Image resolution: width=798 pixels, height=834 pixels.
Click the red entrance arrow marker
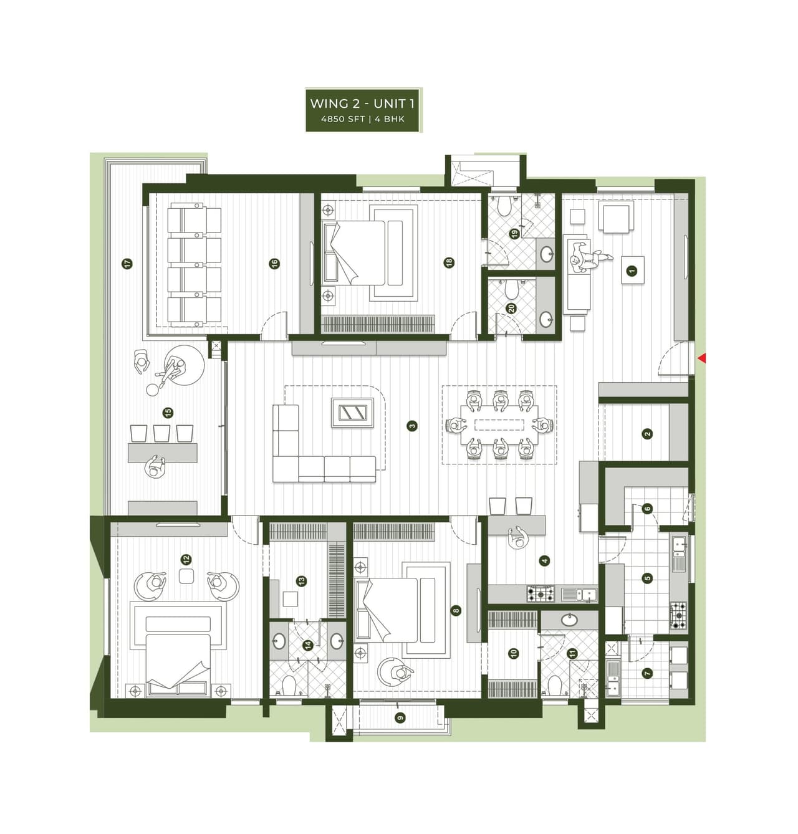tap(701, 358)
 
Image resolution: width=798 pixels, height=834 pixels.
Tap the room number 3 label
tap(411, 426)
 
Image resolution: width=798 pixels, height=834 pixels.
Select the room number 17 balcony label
tap(127, 264)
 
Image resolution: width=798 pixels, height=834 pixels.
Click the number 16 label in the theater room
tap(274, 264)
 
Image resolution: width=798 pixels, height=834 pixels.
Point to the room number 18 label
tap(449, 263)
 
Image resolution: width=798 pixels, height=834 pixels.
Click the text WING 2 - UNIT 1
tap(362, 103)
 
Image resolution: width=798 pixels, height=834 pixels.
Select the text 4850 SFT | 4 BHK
tap(362, 118)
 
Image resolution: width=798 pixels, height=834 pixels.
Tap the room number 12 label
tap(186, 560)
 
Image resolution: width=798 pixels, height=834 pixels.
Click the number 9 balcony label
tap(400, 717)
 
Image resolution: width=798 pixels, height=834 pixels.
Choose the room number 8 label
tap(456, 611)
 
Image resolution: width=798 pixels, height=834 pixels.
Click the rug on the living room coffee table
tap(353, 413)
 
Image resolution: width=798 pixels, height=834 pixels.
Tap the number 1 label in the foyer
tap(632, 271)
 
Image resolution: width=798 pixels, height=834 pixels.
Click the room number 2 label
tap(647, 434)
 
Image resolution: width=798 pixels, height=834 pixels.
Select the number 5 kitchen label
tap(647, 578)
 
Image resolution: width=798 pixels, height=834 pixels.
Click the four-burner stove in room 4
tap(541, 593)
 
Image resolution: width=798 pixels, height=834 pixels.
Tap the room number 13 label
tap(302, 581)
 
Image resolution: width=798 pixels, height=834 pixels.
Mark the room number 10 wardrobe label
tap(514, 653)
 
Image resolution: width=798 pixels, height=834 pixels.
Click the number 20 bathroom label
tap(511, 308)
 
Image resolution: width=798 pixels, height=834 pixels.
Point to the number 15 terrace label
tap(167, 413)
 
